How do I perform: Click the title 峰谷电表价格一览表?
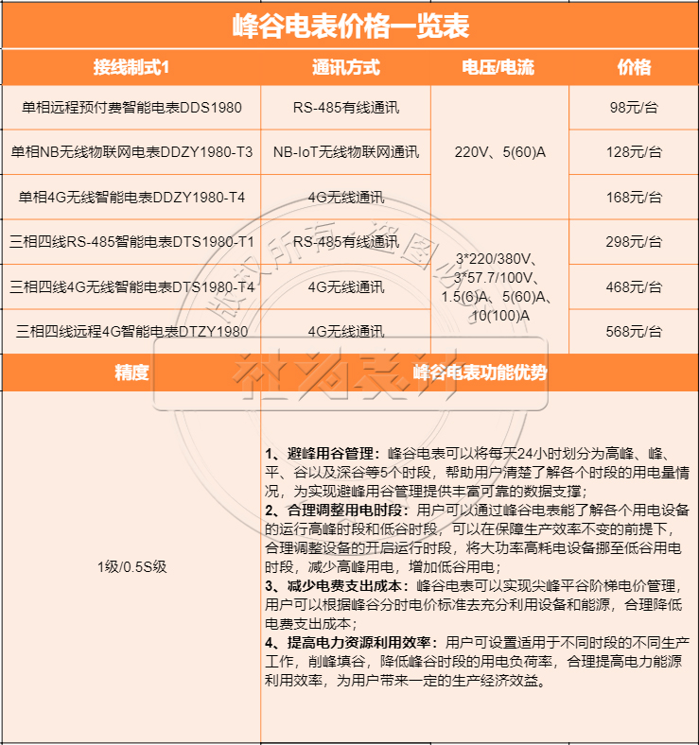(x=350, y=26)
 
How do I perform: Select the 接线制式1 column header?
(x=131, y=68)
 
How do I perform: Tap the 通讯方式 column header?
(x=345, y=68)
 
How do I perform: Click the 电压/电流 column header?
(x=498, y=68)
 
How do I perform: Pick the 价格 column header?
(x=634, y=68)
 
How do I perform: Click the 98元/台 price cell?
(x=634, y=107)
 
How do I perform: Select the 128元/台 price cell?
(x=634, y=151)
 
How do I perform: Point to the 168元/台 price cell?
(x=634, y=197)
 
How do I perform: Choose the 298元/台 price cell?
(x=634, y=241)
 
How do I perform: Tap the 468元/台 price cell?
(x=634, y=286)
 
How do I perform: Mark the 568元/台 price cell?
(x=634, y=331)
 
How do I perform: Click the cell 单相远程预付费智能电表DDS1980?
(x=131, y=107)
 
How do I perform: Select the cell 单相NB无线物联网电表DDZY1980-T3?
(x=131, y=151)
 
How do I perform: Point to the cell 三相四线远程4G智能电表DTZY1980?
(x=131, y=331)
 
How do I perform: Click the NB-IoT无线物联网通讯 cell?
(x=345, y=151)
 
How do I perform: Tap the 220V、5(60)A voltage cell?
(x=499, y=151)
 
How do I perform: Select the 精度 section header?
(x=131, y=372)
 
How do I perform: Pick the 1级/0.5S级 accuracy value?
(x=131, y=566)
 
